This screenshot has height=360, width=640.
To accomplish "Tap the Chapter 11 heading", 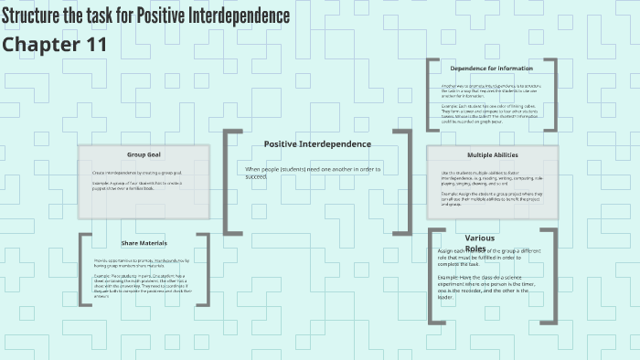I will coord(55,44).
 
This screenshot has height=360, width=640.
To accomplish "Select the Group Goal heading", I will coord(144,154).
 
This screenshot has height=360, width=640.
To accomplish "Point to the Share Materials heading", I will coord(144,243).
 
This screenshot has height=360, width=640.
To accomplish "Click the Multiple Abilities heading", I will coord(492,154).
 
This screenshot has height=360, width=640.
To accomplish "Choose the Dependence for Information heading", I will coord(492,68).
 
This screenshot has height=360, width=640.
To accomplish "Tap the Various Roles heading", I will coord(480,243).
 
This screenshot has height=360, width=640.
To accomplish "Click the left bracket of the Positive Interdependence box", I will coord(227,181).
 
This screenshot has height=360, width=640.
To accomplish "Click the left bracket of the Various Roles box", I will coord(431,275).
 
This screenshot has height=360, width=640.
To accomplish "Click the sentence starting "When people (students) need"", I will coord(314,172).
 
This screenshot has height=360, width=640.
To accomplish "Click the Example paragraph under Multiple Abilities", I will coord(492,198).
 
